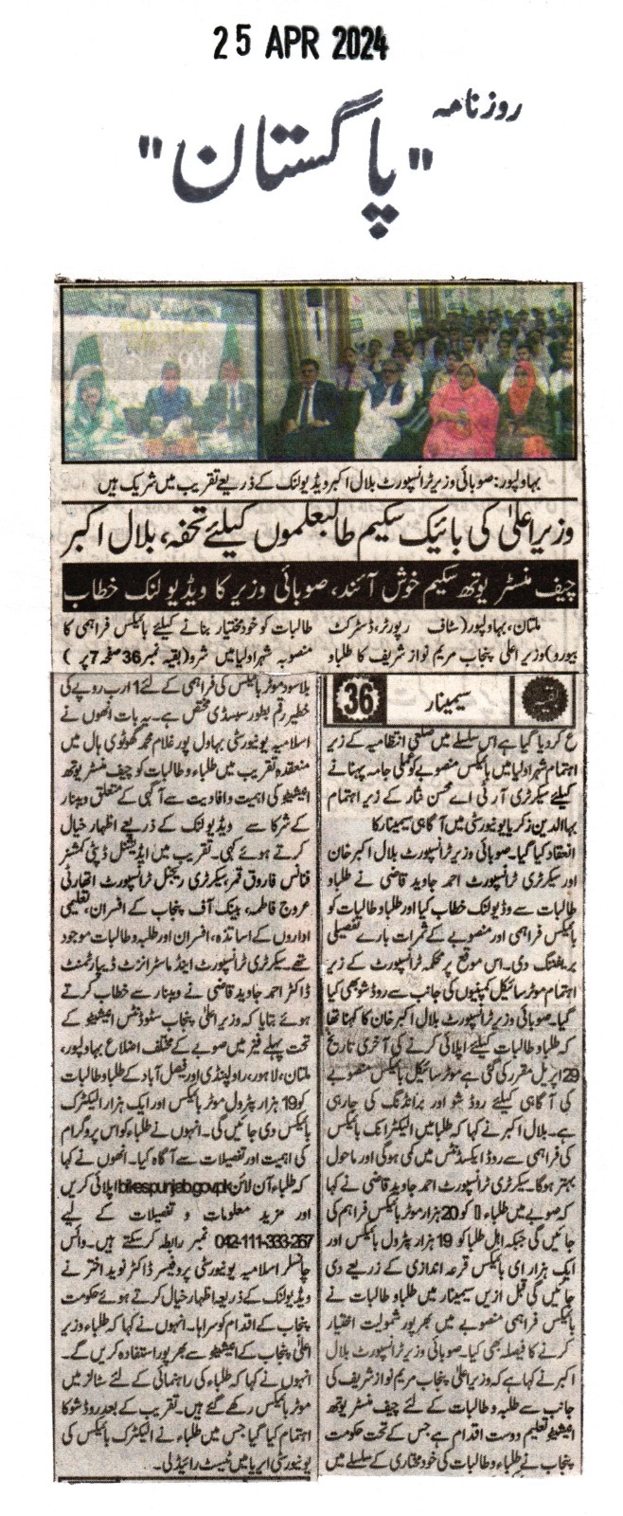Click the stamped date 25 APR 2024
(300, 43)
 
